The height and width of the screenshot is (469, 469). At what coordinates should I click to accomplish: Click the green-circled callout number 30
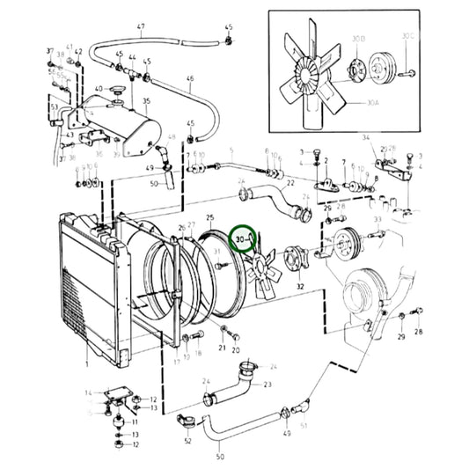[x=240, y=238]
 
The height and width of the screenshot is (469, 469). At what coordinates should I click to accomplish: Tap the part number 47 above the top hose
[x=140, y=27]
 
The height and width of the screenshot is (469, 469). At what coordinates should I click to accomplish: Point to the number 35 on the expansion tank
[x=147, y=102]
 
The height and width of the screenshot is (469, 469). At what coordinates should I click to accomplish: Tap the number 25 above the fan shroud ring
[x=209, y=216]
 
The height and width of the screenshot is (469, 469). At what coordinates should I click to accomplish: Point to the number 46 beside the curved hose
[x=189, y=79]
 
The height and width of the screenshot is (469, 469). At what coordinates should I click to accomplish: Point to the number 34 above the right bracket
[x=366, y=137]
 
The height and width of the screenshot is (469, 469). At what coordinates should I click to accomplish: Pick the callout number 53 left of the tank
[x=54, y=107]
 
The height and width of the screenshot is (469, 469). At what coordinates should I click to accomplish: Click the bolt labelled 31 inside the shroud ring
[x=225, y=264]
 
